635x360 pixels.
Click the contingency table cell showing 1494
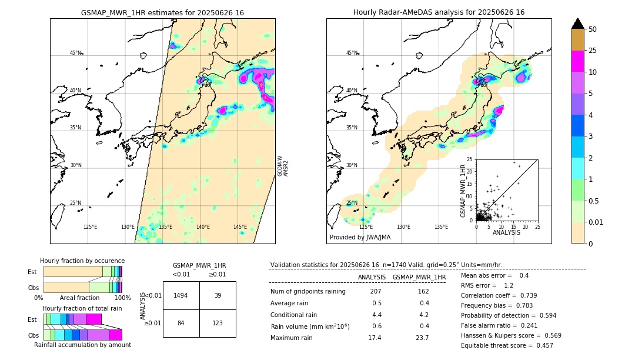(181, 295)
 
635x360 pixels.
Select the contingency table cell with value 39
(218, 295)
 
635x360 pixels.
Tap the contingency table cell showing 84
(181, 323)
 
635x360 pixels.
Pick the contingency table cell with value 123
(218, 323)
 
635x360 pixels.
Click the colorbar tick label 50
(593, 29)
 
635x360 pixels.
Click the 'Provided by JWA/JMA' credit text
(360, 238)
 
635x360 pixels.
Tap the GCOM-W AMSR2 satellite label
(283, 166)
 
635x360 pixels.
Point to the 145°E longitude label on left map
(240, 227)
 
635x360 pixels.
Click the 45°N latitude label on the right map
(352, 53)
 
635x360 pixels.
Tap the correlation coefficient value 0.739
(525, 295)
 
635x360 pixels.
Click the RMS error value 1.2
(509, 285)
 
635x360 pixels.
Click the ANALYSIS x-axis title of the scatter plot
(506, 232)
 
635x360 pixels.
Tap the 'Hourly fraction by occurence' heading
(82, 261)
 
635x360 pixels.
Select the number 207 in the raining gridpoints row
(376, 292)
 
